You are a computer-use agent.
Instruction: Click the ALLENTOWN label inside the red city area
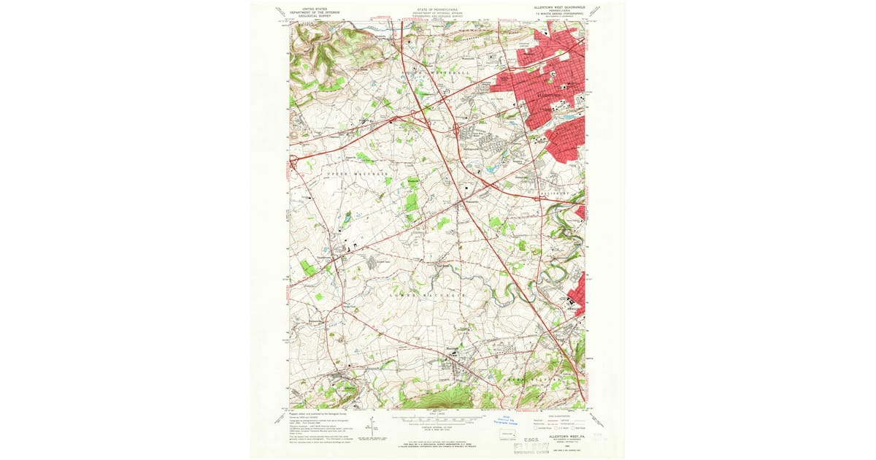click(550, 95)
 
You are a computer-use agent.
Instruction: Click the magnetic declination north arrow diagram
click(373, 426)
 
